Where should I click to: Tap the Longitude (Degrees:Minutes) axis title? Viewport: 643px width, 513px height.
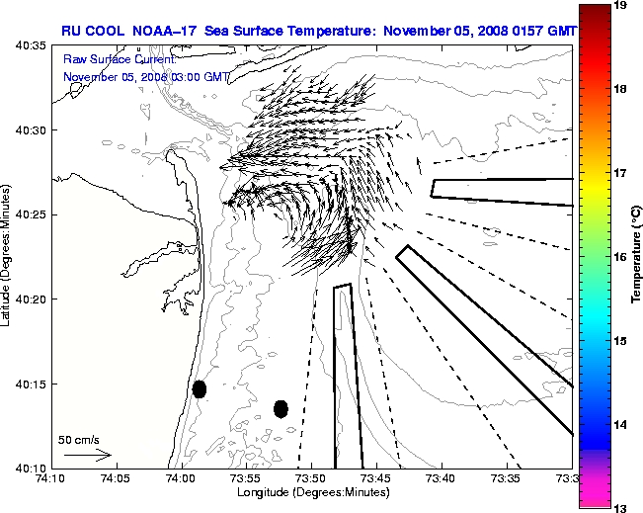311,490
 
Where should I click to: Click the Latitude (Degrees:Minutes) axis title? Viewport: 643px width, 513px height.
8,256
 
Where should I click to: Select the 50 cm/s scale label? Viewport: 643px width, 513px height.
79,439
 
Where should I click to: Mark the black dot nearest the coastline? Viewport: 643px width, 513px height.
200,388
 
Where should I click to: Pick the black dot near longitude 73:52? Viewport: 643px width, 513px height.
281,408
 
